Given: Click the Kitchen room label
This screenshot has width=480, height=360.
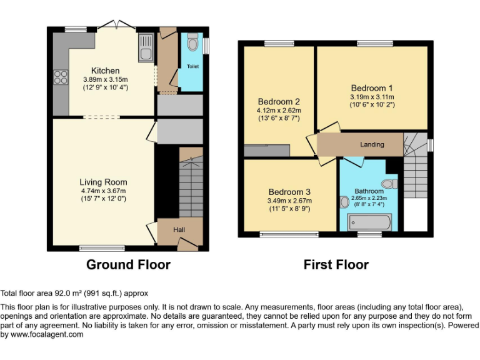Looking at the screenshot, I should (x=105, y=71).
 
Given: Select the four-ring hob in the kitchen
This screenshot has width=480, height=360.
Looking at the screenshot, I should (x=61, y=77).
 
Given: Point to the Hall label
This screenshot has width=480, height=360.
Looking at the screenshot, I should (x=179, y=230).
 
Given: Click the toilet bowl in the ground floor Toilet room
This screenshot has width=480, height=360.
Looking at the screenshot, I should (x=192, y=39).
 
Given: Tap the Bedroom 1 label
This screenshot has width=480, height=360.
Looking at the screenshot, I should (x=372, y=88).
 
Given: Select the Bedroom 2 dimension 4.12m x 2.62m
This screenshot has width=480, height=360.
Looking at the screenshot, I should (x=279, y=110).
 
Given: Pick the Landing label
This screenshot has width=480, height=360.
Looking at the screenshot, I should (x=372, y=144).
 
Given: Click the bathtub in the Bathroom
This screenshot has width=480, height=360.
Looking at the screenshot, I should (x=369, y=222).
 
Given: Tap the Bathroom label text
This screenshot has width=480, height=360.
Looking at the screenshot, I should (x=369, y=191).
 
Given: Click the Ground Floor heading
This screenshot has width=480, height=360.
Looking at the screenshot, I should (x=128, y=264).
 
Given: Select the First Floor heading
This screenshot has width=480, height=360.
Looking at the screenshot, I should (x=336, y=264).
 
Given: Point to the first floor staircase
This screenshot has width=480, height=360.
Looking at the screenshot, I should (x=414, y=166).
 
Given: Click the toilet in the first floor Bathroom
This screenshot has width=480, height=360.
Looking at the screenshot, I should (x=389, y=183).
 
